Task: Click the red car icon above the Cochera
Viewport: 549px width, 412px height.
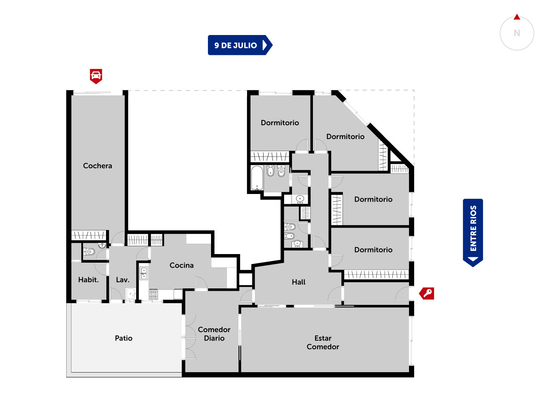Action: coord(96,76)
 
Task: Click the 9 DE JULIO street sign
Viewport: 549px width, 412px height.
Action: coord(240,45)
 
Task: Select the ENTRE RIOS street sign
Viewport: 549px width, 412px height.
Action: coord(473,233)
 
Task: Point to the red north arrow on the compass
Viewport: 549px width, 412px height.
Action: coord(517,17)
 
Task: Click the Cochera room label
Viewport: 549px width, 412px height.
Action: coord(97,165)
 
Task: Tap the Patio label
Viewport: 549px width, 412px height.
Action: coord(124,338)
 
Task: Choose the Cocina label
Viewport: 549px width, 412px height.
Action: coord(182,265)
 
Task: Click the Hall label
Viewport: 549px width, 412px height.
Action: coord(299,282)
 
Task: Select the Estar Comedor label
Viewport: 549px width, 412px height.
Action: coord(323,342)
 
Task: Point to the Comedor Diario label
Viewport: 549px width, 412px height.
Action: coord(214,334)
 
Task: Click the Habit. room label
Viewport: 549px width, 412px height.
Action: coord(88,280)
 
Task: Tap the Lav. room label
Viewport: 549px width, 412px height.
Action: coord(122,280)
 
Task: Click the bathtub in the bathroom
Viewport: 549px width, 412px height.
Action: coord(257,178)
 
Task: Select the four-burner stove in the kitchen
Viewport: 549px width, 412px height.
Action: coord(153,294)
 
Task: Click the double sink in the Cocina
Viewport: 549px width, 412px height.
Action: coord(143,273)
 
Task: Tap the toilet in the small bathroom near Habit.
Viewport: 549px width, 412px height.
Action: coord(89,251)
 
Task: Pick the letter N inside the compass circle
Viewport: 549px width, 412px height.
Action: coord(517,33)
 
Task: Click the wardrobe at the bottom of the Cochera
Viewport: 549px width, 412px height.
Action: coord(89,235)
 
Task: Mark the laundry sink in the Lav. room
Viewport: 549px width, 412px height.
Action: coord(131,294)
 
